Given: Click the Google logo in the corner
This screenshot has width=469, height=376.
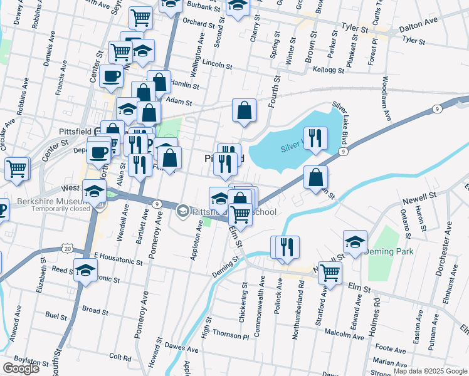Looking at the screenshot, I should click(21, 368).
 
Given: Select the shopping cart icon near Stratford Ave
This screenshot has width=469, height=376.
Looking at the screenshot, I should click(330, 273).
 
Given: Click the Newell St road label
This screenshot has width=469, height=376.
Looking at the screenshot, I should click(419, 196).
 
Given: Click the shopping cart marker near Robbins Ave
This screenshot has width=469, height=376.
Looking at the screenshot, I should click(17, 168).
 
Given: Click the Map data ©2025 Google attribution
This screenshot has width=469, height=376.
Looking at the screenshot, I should click(430, 371).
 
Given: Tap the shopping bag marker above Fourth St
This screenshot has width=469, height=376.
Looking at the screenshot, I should click(244, 110).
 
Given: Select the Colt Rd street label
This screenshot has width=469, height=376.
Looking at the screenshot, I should click(119, 358).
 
